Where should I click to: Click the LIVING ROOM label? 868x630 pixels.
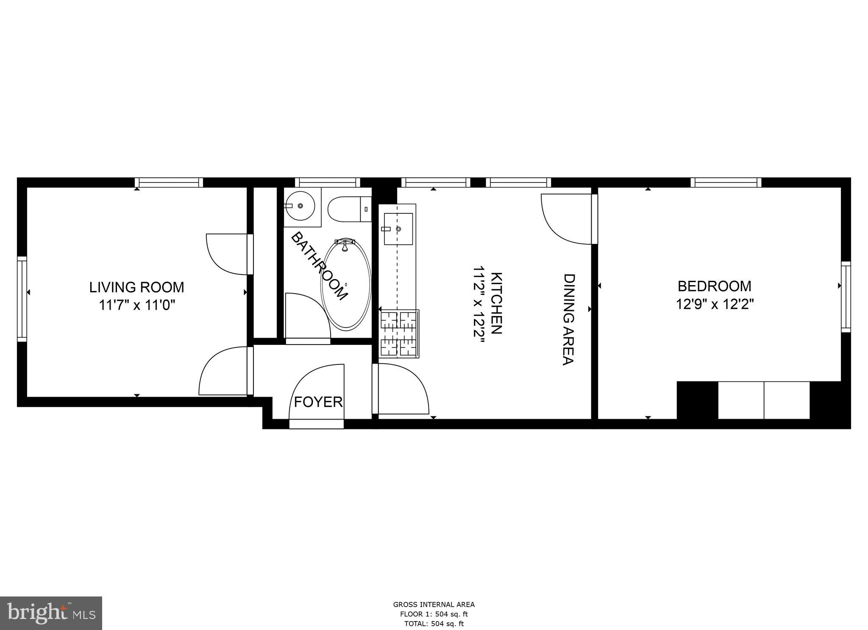tap(136, 287)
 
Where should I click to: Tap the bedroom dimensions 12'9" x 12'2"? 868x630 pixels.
tap(714, 304)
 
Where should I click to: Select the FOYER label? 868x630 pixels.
tap(318, 402)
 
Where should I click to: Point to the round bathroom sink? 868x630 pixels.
tap(300, 206)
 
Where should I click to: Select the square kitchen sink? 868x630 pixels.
tap(398, 229)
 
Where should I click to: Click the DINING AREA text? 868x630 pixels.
tap(568, 319)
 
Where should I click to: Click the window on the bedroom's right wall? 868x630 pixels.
tap(846, 297)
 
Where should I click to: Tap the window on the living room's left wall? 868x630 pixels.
tap(22, 299)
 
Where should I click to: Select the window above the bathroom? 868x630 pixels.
tap(327, 182)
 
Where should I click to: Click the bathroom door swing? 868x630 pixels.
tap(306, 316)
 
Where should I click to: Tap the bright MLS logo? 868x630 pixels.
tap(51, 613)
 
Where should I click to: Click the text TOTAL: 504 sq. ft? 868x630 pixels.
tap(434, 624)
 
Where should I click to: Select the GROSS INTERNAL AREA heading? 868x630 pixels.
tap(434, 605)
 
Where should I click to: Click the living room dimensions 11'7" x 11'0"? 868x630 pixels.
tap(136, 305)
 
